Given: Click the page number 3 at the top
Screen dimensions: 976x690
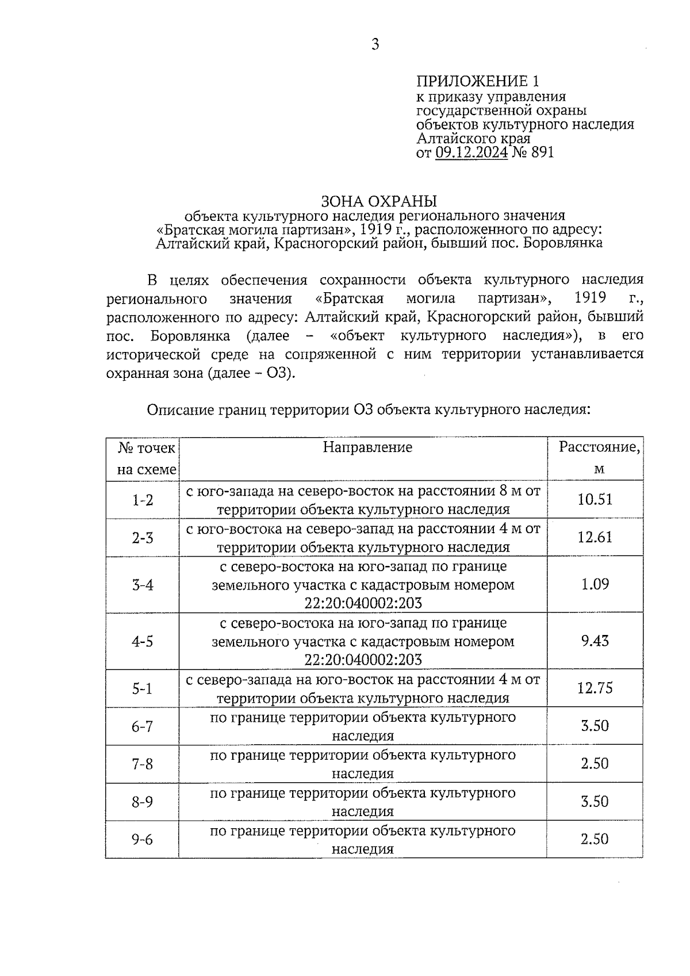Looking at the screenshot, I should click(375, 44).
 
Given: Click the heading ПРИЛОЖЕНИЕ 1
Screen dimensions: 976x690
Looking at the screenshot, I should click(478, 81).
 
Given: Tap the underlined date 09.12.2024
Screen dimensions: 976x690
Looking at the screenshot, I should click(471, 152).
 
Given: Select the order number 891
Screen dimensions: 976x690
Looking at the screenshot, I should click(542, 152).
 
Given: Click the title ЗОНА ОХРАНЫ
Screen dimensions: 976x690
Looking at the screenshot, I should click(379, 201).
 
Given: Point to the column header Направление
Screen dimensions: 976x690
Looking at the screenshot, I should click(367, 447).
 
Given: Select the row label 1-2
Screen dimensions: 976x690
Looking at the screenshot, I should click(143, 500).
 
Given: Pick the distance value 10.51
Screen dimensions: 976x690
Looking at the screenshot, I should click(595, 499).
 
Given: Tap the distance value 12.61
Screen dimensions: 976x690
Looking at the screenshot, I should click(595, 537).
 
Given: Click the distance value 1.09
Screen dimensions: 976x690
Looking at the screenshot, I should click(595, 584).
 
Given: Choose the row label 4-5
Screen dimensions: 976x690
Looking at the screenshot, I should click(143, 641).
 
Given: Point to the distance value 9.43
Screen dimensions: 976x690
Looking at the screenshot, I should click(595, 641).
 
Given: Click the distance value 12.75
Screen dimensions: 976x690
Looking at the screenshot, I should click(595, 688).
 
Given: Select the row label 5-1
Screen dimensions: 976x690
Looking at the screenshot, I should click(143, 688).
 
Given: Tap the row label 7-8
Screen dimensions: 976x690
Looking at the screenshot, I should click(143, 764).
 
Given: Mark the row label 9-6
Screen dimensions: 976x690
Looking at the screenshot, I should click(143, 840).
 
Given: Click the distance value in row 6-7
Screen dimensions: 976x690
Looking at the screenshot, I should click(595, 726).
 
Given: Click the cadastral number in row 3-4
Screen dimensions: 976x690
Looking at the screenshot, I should click(363, 603).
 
